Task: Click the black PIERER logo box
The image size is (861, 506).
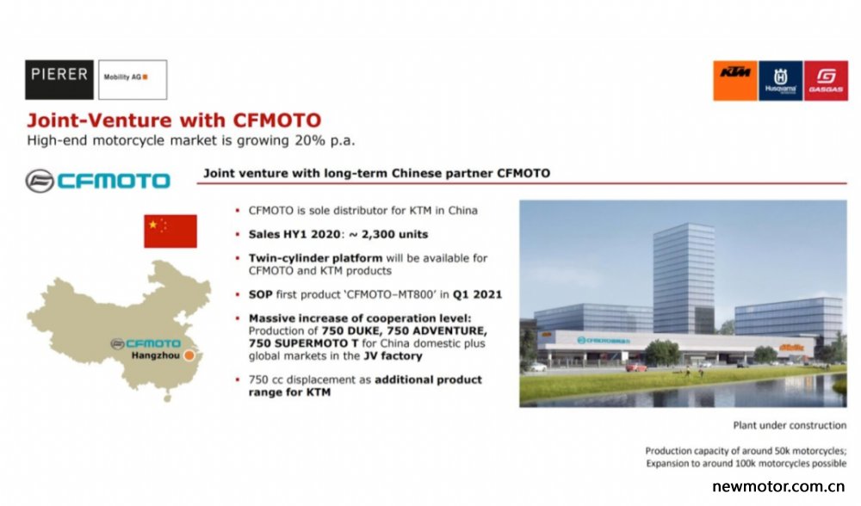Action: pos(59,79)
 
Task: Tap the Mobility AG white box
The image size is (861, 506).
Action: pos(133,79)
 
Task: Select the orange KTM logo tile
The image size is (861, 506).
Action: pos(735,81)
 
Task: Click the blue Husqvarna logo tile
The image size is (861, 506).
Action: pos(780,81)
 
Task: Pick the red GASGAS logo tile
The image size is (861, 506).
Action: pos(826,81)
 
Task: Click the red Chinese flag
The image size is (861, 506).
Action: pos(170,231)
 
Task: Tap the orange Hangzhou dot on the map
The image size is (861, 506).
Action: pos(189,355)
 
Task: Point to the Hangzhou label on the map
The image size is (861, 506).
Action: pos(155,355)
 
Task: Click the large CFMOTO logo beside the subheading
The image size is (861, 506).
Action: pos(98,181)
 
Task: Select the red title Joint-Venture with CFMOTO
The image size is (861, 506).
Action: pos(174,120)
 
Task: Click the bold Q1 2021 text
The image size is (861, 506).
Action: pos(477,294)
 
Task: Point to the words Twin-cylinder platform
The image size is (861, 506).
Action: pos(315,258)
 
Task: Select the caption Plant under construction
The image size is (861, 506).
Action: pos(790,425)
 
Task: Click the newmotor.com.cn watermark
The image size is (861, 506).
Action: pos(778,486)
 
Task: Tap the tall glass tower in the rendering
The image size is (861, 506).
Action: pos(684,278)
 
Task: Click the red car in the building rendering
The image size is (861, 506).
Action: pos(636,367)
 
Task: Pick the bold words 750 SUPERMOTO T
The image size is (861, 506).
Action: pos(303,343)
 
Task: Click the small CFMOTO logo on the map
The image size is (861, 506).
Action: pos(146,344)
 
